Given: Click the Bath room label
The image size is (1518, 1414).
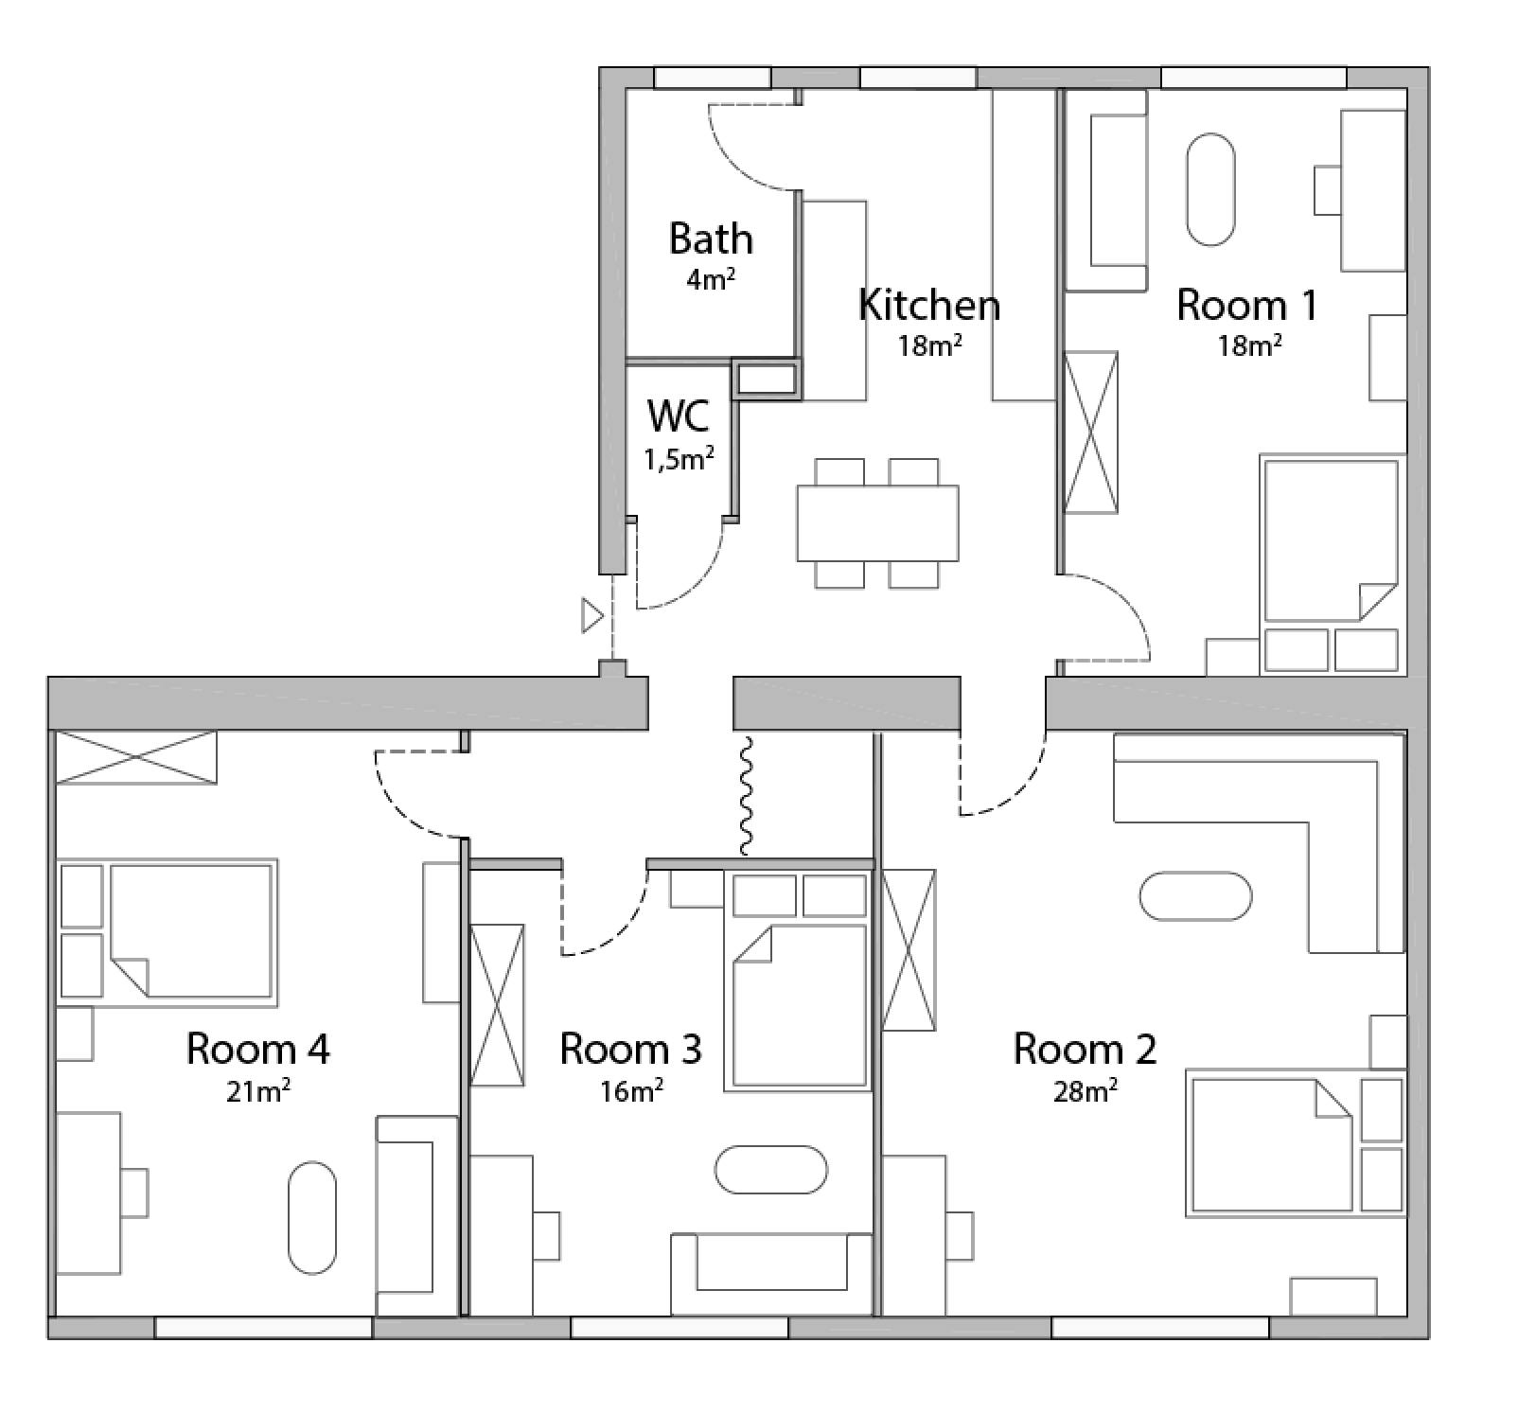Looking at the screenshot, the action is pos(711,239).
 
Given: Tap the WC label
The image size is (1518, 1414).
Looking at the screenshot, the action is pos(679,415).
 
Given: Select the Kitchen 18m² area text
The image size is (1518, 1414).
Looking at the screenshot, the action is pos(929,345).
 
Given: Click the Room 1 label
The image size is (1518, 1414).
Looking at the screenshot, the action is pos(1247,305).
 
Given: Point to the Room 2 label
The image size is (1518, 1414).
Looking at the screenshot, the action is pos(1085,1049).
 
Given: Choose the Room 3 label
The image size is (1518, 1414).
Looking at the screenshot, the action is pos(630,1049).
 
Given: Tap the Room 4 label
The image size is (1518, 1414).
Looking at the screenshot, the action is pos(257,1049).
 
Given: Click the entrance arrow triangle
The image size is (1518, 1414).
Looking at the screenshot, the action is pos(592,616).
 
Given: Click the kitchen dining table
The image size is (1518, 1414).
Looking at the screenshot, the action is pos(877,523).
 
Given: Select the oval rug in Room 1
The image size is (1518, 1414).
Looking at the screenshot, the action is pos(1210,190).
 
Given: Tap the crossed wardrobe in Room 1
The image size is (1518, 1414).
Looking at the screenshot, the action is pos(1090,433).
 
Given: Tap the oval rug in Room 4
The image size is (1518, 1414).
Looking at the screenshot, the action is pos(312,1218).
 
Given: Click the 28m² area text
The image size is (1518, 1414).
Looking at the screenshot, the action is pos(1085,1091).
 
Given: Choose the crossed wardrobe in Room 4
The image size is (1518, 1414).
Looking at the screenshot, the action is pos(136,757).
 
